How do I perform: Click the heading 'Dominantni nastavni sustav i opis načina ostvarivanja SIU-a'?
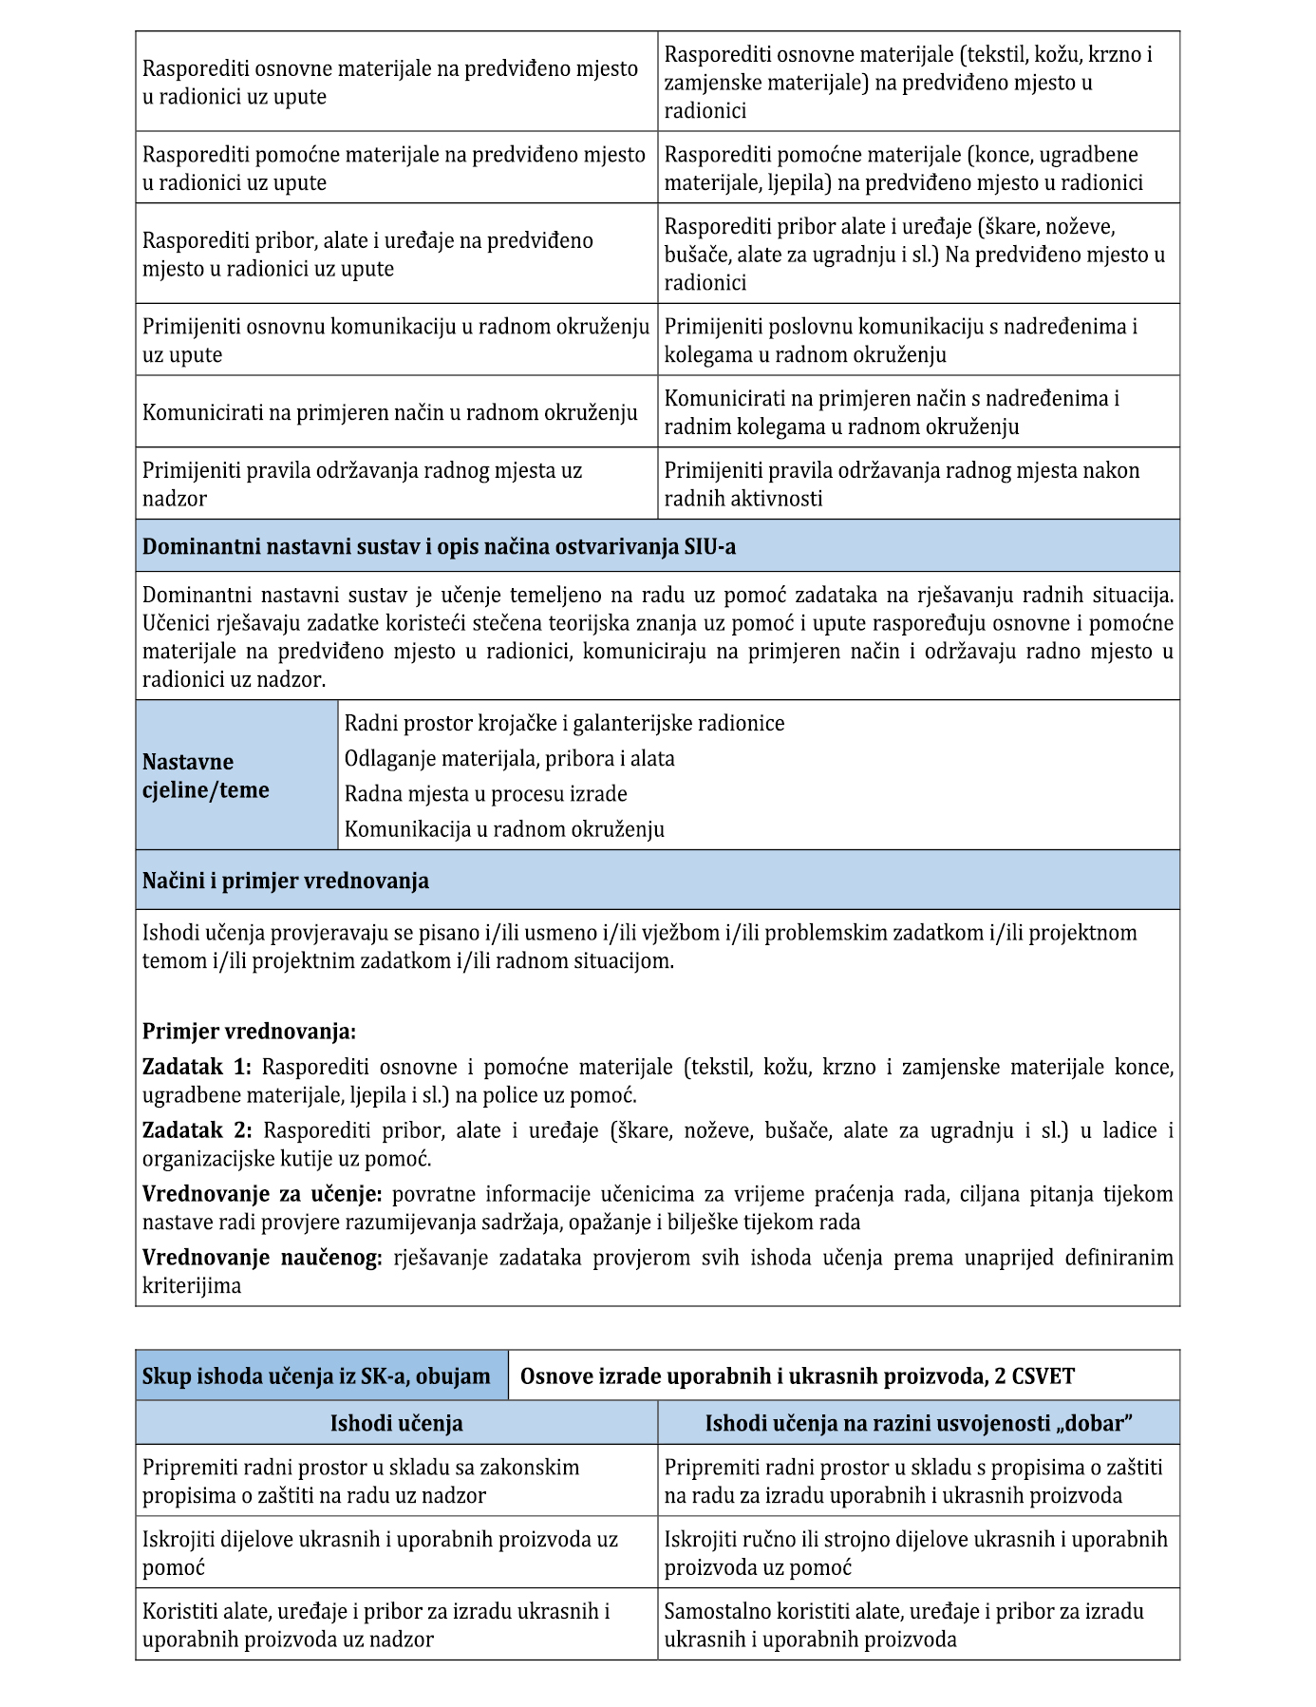(439, 547)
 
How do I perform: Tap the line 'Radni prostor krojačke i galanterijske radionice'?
(564, 724)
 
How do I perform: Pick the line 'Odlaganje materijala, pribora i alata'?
(509, 759)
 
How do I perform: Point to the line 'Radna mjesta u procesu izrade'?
(485, 794)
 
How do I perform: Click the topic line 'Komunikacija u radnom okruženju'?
(504, 829)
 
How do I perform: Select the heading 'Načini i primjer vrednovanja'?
(286, 881)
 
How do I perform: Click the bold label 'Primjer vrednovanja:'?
(249, 1032)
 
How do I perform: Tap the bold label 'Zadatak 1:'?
(197, 1067)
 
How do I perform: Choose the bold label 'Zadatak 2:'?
(197, 1130)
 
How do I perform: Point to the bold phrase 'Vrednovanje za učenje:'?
(262, 1194)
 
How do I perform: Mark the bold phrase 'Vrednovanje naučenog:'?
(262, 1258)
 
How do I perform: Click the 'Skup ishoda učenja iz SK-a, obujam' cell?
(316, 1376)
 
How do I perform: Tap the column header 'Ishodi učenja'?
(396, 1423)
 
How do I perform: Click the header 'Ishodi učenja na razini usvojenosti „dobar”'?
(918, 1423)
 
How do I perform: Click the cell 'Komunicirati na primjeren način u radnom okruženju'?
(389, 412)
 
